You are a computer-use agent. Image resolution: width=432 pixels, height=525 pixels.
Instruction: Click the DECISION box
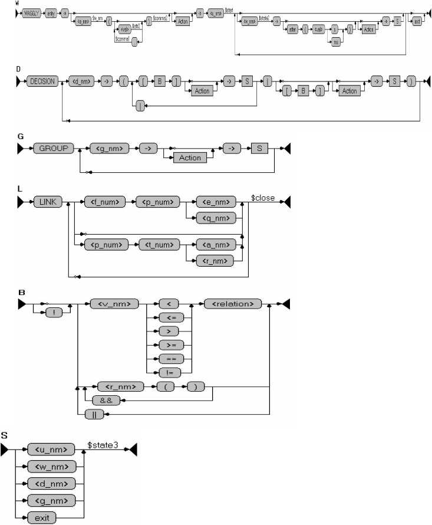[42, 83]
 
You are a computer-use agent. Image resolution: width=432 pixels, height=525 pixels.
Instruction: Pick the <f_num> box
[107, 202]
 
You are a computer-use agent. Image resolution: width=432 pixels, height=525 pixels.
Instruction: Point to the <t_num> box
[157, 242]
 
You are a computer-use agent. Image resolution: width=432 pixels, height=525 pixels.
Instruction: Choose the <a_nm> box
[216, 242]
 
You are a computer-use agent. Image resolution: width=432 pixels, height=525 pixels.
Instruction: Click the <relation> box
[232, 304]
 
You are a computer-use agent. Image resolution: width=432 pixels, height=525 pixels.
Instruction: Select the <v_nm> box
[114, 304]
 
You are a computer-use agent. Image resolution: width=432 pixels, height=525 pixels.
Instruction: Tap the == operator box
[169, 358]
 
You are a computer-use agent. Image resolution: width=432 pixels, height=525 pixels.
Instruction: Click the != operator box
[169, 372]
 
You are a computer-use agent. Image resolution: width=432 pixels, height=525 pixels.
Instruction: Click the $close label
[263, 198]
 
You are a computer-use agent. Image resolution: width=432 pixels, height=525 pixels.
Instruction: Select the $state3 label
[103, 445]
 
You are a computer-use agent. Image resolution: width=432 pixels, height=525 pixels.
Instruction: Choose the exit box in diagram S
[41, 518]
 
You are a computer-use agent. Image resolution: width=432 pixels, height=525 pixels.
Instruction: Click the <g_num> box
[111, 148]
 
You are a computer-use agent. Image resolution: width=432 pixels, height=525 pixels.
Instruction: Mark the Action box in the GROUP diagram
[190, 157]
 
